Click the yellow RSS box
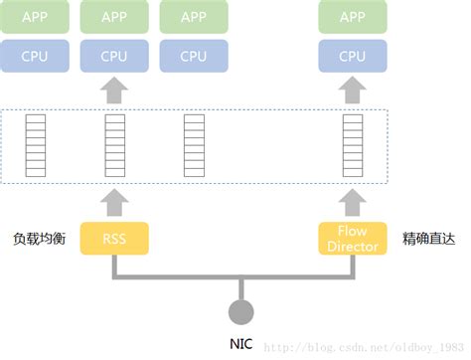coord(114,240)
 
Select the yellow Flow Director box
coord(352,240)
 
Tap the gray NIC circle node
coord(239,312)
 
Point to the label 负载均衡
coord(39,240)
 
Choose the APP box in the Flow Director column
coord(352,17)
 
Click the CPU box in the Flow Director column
coord(352,56)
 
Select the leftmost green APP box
coord(35,17)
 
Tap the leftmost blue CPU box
coord(35,56)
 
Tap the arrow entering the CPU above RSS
coord(114,90)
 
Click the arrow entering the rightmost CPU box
coord(352,90)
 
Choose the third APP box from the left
coord(194,17)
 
